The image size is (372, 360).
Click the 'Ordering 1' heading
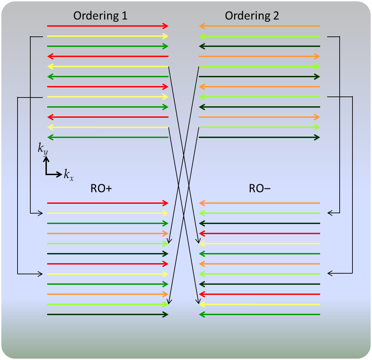(100, 16)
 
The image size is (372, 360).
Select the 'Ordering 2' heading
(252, 16)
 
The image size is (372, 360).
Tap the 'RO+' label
(101, 189)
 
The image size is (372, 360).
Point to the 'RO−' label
(260, 189)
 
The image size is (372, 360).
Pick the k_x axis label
(69, 175)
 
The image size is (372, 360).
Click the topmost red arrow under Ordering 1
(108, 26)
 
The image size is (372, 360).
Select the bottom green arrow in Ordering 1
(108, 137)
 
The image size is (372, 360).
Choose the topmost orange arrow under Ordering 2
(259, 26)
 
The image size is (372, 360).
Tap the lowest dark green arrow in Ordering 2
(259, 137)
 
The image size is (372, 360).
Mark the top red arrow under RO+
(108, 203)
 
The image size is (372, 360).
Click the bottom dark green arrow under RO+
(108, 314)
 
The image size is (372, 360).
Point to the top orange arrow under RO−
(259, 203)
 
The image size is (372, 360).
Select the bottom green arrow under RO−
(259, 314)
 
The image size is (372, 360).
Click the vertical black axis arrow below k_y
(46, 165)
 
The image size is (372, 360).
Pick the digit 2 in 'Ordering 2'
(276, 16)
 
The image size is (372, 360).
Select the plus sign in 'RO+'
(108, 189)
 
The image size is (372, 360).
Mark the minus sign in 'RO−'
(268, 189)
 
